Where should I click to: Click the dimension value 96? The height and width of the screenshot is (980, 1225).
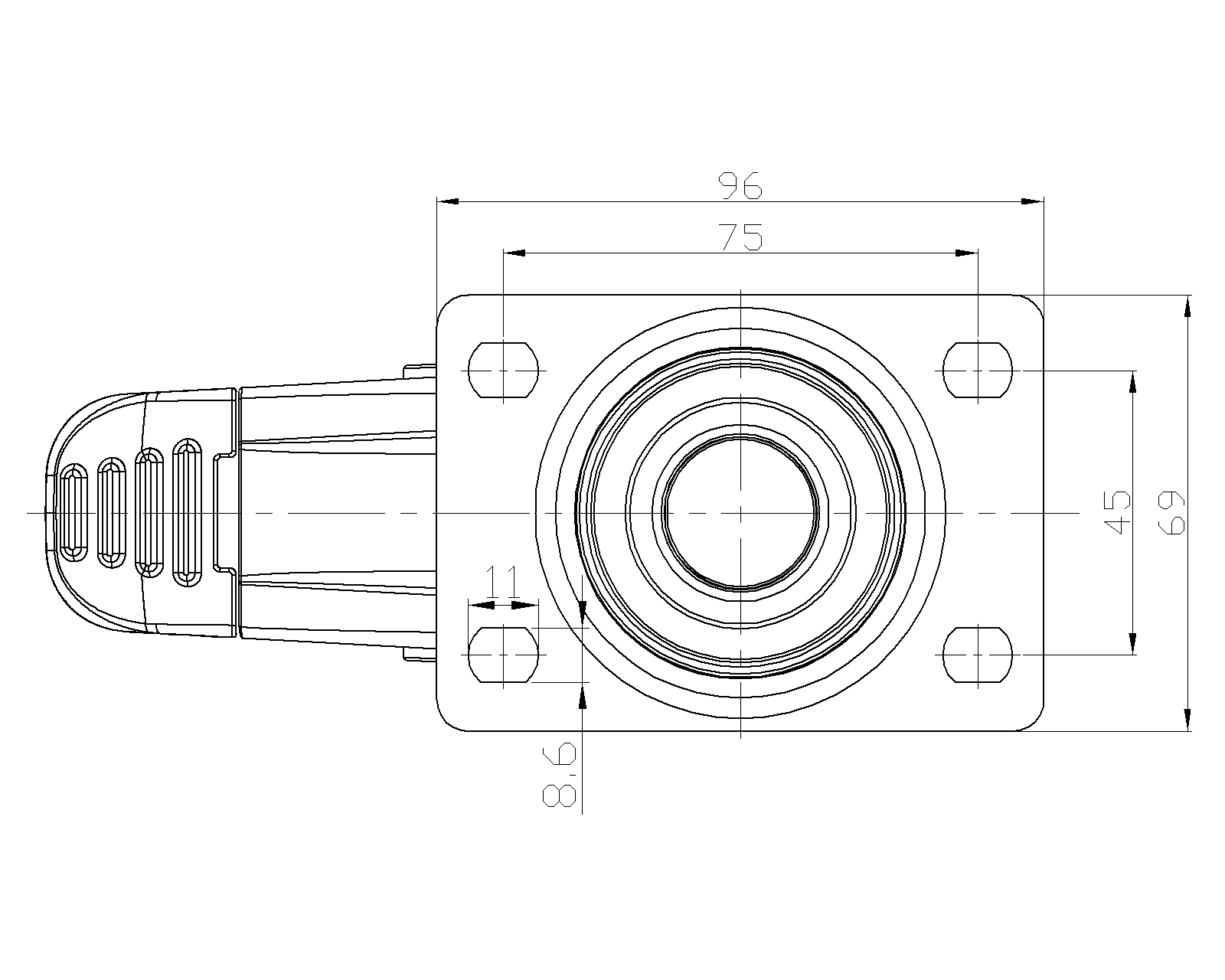[x=740, y=185]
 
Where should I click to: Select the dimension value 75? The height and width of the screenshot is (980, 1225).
[x=740, y=237]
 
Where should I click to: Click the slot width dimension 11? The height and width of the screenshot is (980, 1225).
[x=503, y=581]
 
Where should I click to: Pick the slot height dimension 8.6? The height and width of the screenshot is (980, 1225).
[x=560, y=775]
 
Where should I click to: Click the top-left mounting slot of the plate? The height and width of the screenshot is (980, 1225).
[x=503, y=370]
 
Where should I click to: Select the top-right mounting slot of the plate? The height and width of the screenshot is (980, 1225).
[x=978, y=370]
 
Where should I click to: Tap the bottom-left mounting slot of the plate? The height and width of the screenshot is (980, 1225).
[x=503, y=655]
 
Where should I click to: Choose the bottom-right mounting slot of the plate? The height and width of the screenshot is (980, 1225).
[x=978, y=655]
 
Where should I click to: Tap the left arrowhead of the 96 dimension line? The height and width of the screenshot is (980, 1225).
[x=448, y=201]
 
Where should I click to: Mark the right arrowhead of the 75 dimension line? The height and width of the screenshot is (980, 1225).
[x=966, y=253]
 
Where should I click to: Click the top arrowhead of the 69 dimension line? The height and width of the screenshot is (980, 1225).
[x=1187, y=306]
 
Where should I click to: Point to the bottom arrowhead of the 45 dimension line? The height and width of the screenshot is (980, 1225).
[x=1132, y=643]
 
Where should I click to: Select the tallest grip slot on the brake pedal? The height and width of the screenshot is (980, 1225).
[x=187, y=512]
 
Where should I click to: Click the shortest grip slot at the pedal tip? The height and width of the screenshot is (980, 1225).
[x=74, y=512]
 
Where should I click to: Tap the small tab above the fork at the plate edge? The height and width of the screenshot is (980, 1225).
[x=420, y=371]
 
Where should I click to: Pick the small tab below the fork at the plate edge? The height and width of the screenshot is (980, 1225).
[x=420, y=655]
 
